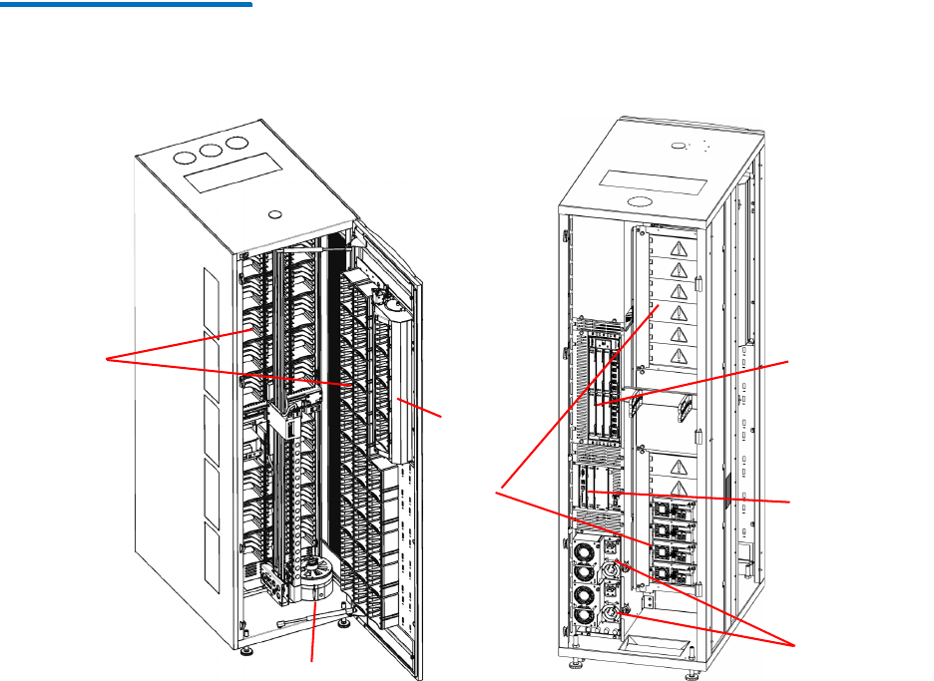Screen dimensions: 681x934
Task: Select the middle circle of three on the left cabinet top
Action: point(212,151)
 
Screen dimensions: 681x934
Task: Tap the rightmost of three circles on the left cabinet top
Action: point(236,144)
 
